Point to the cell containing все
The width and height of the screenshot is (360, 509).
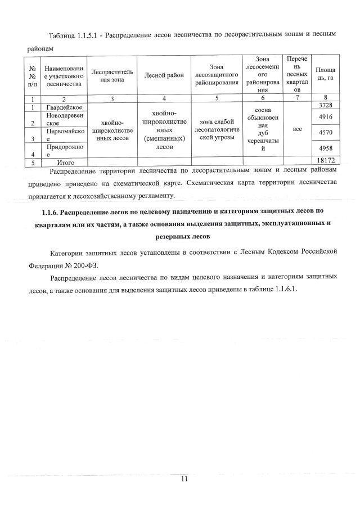(x=297, y=129)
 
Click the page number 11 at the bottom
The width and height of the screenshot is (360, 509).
(x=183, y=479)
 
